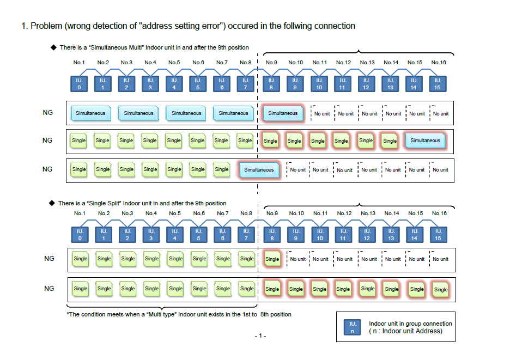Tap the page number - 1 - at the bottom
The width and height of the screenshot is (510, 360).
260,335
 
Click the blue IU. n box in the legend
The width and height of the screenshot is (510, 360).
351,327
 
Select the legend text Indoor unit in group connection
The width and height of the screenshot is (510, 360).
410,324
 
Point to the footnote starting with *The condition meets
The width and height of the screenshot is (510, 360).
179,314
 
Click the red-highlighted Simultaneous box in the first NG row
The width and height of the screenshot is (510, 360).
282,113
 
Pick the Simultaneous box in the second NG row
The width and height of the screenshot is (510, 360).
425,141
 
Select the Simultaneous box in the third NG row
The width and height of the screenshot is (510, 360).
259,169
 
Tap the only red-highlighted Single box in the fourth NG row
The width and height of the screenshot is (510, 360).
272,259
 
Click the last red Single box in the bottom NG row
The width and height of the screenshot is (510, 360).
440,289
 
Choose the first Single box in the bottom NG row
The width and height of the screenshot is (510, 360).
80,289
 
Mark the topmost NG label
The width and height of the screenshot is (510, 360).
47,113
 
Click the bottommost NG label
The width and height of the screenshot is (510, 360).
49,289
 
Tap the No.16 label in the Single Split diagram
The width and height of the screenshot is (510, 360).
439,213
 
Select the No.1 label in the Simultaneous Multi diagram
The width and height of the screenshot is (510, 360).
80,63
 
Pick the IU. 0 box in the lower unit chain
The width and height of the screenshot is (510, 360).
80,235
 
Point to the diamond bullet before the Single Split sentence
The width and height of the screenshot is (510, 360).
53,203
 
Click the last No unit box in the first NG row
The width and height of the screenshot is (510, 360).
440,114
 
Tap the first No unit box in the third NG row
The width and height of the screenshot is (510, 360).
297,170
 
